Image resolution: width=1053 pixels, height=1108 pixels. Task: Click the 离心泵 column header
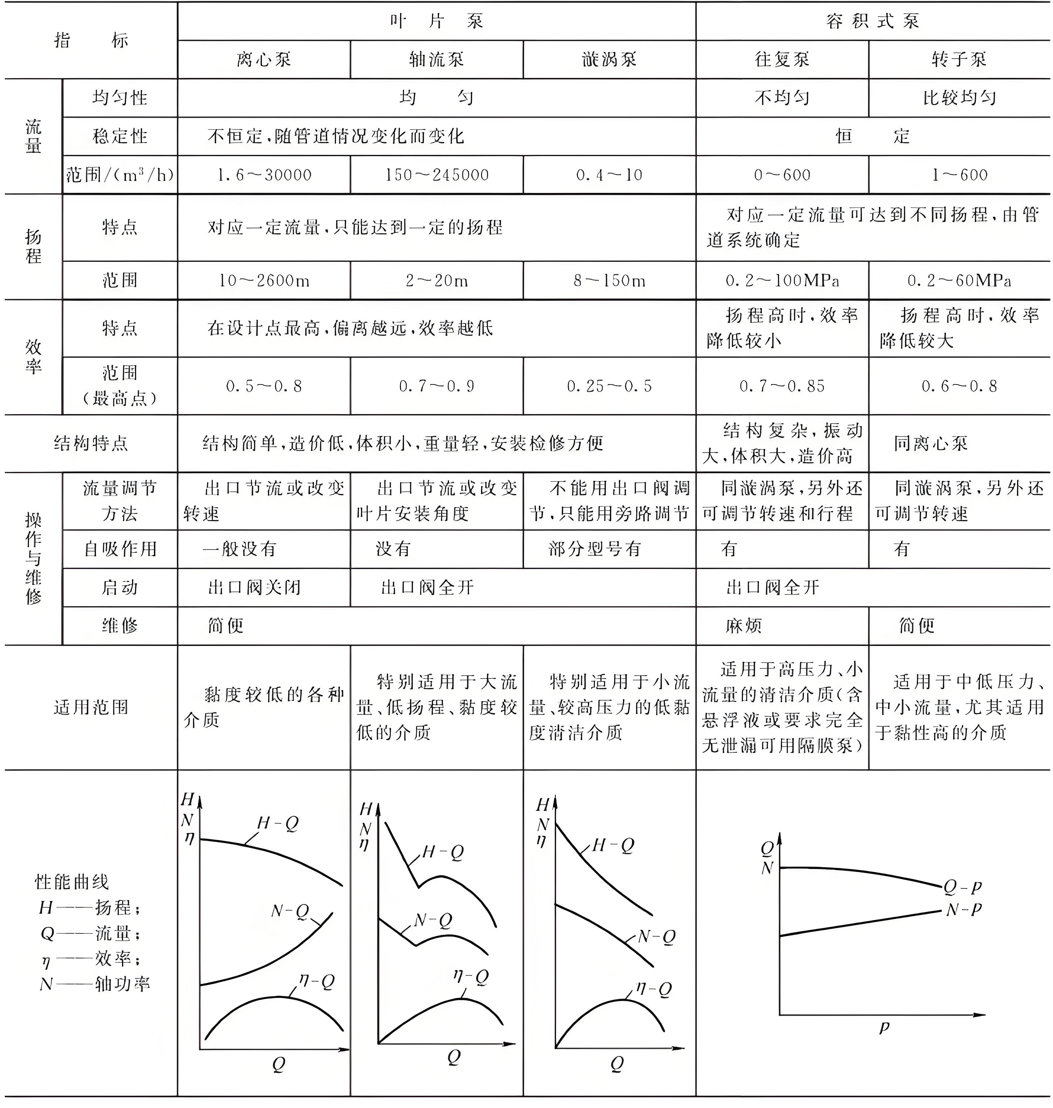264,59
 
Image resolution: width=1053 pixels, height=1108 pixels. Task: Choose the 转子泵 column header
959,59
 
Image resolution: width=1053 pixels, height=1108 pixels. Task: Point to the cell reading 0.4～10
609,175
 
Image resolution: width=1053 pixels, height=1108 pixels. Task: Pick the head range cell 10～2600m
264,280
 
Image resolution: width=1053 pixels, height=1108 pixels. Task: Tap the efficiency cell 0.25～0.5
609,386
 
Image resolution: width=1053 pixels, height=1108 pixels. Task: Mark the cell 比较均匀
959,98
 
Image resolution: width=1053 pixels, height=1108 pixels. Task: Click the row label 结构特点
91,444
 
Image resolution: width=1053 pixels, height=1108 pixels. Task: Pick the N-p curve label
963,909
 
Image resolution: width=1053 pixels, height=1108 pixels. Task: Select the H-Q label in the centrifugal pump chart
277,823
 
